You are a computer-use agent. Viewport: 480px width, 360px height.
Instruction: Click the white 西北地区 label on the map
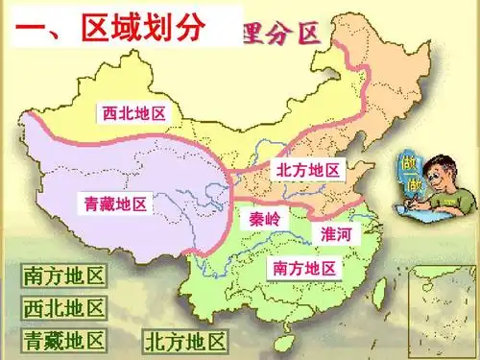coord(134,113)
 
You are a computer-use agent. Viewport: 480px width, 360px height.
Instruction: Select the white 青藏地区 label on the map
coord(114,204)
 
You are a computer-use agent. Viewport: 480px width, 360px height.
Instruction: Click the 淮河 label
coord(336,234)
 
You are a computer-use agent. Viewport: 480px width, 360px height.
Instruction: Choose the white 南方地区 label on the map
coord(304,267)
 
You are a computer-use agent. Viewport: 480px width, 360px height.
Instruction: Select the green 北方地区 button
coord(185,341)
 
